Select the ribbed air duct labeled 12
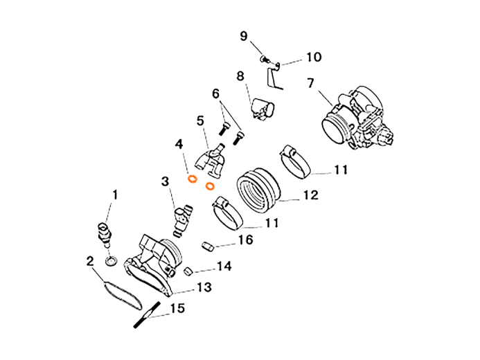coord(257,189)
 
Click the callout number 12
coord(310,195)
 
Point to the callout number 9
coord(244,35)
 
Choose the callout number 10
coord(313,57)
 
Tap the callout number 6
coord(215,93)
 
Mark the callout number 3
coord(165,181)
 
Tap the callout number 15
coord(178,308)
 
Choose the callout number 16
coord(245,240)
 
